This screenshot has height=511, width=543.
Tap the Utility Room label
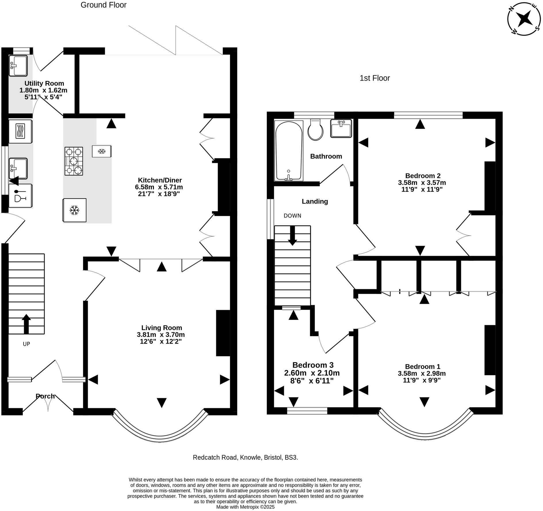coord(44,83)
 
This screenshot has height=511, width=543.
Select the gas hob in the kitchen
coord(74,161)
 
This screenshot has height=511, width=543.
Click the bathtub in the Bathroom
coord(289,151)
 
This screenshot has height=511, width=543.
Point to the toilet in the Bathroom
coord(316,130)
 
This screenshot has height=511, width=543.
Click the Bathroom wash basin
coord(341,129)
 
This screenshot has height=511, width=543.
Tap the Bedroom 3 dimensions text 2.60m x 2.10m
coord(312,373)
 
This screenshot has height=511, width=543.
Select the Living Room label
coord(162,328)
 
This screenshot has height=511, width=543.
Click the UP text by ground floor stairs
coord(26,344)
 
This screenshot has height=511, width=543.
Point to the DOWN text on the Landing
coord(292,216)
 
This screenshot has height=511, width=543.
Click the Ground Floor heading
coord(104,5)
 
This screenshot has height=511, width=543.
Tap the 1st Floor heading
coord(375,78)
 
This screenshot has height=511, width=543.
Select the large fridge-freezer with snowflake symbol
coord(74,210)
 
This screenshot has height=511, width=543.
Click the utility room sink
coord(18,66)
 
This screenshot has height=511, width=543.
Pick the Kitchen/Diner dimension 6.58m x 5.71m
coord(159,187)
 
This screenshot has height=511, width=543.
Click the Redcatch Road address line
coord(245,457)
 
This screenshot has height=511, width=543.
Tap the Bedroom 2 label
coord(422,176)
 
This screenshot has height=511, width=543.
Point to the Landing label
coord(315,201)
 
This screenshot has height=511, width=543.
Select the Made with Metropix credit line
coord(245,507)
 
